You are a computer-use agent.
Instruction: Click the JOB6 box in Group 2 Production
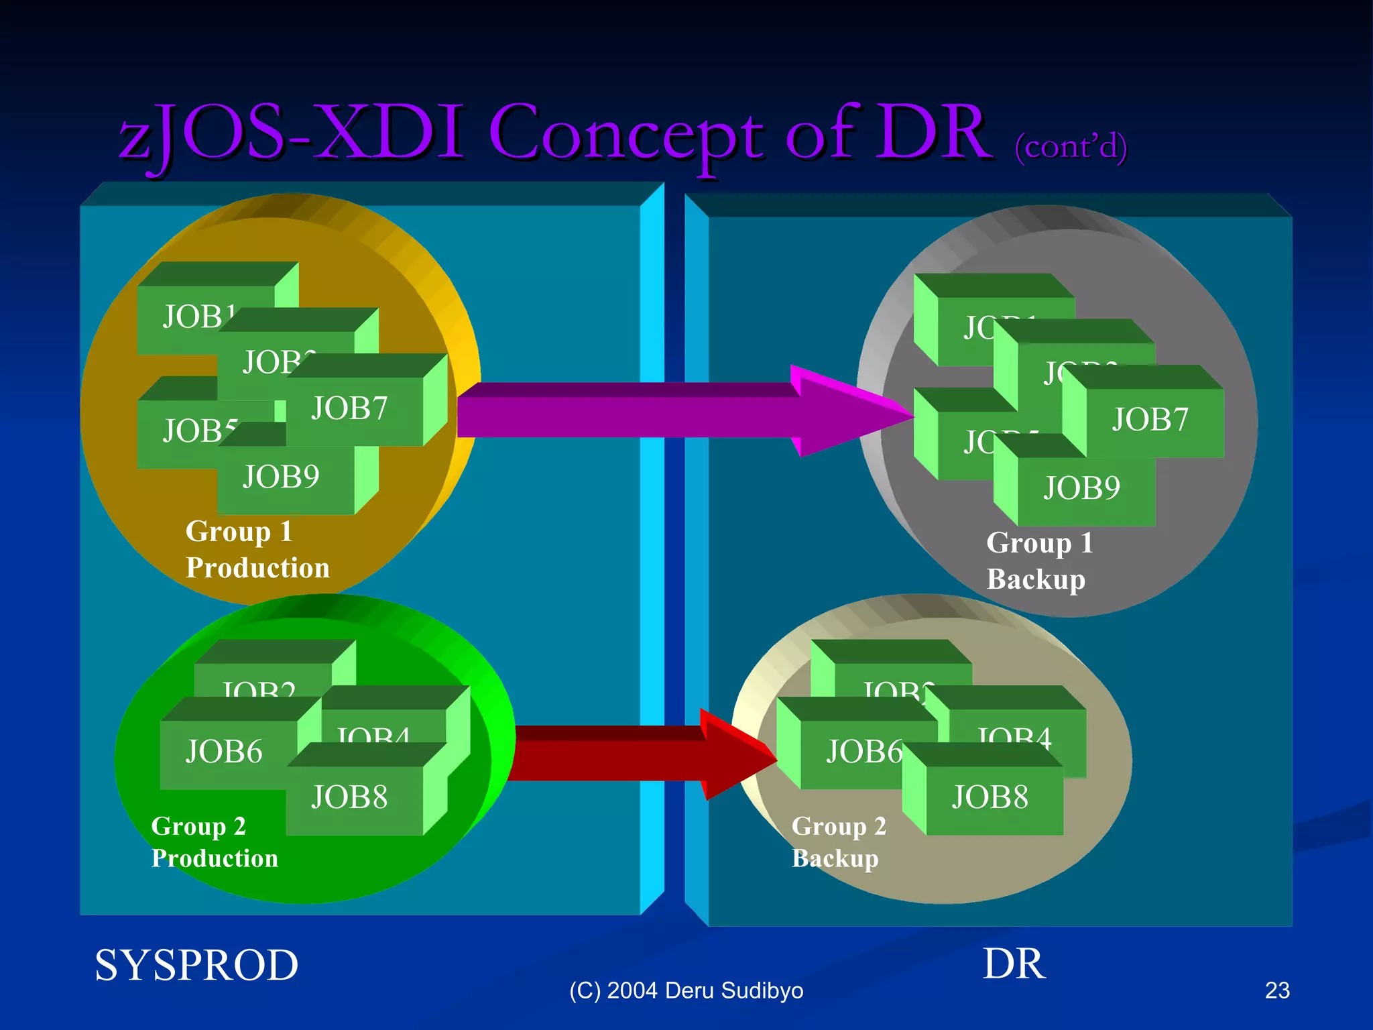[225, 752]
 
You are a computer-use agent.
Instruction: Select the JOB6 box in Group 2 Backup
[862, 752]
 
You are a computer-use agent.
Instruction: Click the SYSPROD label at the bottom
[196, 966]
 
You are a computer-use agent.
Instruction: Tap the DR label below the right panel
[1014, 965]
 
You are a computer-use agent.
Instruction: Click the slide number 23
[1277, 991]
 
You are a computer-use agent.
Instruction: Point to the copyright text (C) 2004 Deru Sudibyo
[686, 991]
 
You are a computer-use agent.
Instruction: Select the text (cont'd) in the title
[1071, 146]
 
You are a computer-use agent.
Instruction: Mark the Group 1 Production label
[257, 550]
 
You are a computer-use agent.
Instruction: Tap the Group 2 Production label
[215, 843]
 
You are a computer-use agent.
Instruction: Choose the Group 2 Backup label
[839, 843]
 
